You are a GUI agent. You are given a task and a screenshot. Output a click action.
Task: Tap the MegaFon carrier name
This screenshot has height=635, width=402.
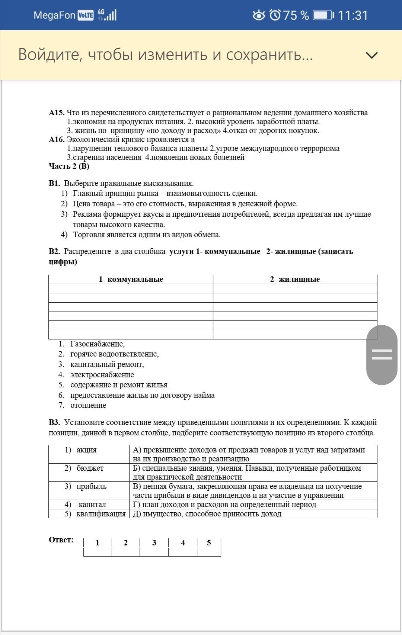[54, 15]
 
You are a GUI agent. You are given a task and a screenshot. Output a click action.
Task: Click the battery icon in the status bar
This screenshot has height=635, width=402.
[323, 15]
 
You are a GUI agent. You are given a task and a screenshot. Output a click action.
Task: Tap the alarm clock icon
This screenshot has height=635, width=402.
[275, 15]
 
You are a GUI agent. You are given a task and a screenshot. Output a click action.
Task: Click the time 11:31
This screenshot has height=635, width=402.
[353, 15]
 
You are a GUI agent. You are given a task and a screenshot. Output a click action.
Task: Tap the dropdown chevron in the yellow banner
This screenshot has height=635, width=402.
[371, 55]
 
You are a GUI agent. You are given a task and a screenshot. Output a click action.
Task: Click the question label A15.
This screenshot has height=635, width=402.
[57, 113]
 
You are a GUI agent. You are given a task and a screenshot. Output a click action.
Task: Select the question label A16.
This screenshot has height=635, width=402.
[57, 139]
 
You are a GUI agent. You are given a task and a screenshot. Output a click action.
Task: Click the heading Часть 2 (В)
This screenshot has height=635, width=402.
[69, 166]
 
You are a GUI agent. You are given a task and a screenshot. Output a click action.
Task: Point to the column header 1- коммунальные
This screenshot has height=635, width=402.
[131, 279]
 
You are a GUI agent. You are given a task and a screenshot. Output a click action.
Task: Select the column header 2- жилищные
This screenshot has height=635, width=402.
[295, 279]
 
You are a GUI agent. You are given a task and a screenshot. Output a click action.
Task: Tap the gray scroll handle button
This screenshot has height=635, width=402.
[382, 354]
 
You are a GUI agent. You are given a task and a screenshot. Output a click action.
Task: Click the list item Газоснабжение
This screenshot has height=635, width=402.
[97, 344]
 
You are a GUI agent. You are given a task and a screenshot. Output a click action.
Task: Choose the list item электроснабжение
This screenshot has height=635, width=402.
[102, 375]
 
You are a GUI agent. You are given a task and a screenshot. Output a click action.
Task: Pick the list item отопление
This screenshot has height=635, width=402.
[88, 405]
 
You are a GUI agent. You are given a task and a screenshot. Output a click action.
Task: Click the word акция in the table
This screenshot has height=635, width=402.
[86, 450]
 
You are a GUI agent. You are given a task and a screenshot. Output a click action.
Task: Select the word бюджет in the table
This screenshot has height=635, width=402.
[90, 468]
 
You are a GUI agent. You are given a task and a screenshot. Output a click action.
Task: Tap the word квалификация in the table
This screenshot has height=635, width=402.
[101, 514]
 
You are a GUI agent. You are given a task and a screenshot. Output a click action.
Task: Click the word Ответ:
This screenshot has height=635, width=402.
[61, 540]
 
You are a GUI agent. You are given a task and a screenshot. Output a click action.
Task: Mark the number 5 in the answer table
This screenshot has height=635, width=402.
[209, 543]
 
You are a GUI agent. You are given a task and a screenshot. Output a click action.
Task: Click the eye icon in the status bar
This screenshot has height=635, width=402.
[259, 15]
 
